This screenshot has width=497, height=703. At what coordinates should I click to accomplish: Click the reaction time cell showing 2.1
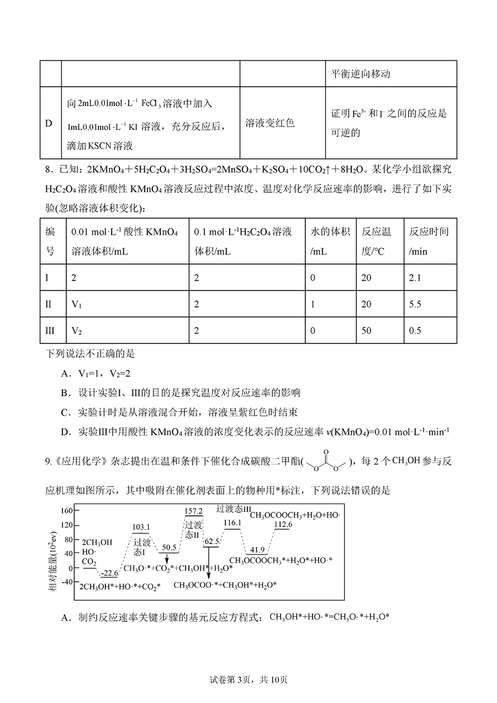click(414, 278)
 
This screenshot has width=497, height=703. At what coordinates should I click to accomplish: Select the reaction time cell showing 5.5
click(414, 304)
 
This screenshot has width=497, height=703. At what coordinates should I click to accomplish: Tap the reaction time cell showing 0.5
click(414, 331)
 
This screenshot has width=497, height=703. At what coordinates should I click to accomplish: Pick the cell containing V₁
click(76, 304)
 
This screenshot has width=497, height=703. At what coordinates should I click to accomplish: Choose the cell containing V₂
click(76, 331)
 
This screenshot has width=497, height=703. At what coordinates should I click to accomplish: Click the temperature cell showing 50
click(366, 331)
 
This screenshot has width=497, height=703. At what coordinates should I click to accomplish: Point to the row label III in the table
click(50, 331)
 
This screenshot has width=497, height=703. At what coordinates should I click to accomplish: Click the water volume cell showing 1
click(313, 304)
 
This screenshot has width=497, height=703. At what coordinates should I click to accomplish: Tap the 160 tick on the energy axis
click(67, 510)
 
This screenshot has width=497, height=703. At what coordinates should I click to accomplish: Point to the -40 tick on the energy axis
click(67, 582)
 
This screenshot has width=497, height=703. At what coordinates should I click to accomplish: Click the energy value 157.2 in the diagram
click(193, 511)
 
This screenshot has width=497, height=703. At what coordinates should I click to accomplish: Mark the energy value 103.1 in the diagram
click(141, 527)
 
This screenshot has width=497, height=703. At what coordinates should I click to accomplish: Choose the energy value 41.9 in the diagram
click(257, 550)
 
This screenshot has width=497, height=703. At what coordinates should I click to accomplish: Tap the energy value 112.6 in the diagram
click(283, 525)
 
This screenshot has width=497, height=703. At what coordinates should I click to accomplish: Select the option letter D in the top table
click(49, 123)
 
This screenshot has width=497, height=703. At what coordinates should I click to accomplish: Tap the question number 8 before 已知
click(48, 169)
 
